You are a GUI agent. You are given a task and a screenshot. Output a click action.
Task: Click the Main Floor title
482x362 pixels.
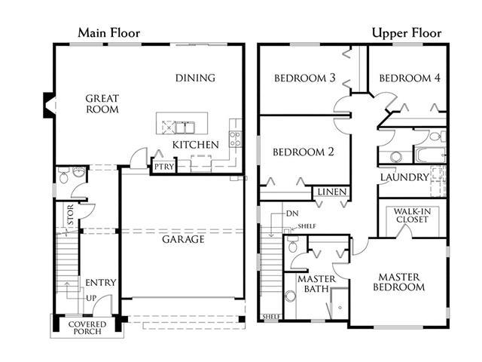pos(108,33)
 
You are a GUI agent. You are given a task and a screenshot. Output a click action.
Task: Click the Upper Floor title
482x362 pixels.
pos(407,33)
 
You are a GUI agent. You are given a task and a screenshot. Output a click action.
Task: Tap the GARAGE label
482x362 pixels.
pos(183,239)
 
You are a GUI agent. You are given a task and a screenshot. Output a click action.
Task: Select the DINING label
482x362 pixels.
pos(195,78)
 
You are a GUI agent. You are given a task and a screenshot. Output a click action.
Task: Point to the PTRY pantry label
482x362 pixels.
pos(164,167)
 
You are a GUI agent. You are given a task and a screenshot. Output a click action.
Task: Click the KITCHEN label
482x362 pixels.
pos(196,145)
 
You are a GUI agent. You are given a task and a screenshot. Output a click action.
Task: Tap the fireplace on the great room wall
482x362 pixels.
pos(49,105)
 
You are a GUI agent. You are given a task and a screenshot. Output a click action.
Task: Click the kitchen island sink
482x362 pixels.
pos(185,127)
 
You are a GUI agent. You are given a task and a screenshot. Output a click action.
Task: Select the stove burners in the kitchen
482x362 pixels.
pos(235,139)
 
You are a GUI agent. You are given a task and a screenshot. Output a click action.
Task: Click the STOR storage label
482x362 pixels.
pos(71,214)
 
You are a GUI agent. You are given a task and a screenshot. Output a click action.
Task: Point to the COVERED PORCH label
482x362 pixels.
pos(87,328)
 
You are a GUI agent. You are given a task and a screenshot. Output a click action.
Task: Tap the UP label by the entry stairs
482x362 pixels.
pos(91,298)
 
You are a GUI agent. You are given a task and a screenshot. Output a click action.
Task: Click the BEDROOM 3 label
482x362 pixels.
pos(304,78)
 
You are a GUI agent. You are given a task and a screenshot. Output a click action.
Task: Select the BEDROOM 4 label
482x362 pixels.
pos(410,78)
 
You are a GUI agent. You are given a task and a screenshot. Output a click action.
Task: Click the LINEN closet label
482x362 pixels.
pos(332,192)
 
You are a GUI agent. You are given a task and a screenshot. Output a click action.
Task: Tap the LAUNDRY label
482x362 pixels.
pos(404,177)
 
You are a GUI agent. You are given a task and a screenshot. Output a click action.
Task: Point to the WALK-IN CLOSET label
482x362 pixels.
pos(412,216)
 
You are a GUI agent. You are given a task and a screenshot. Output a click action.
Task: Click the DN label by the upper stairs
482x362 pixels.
pos(292,213)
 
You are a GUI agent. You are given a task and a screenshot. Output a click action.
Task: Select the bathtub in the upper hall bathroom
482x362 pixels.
pos(430,155)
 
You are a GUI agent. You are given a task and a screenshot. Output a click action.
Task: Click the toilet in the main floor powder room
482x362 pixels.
pos(63,176)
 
